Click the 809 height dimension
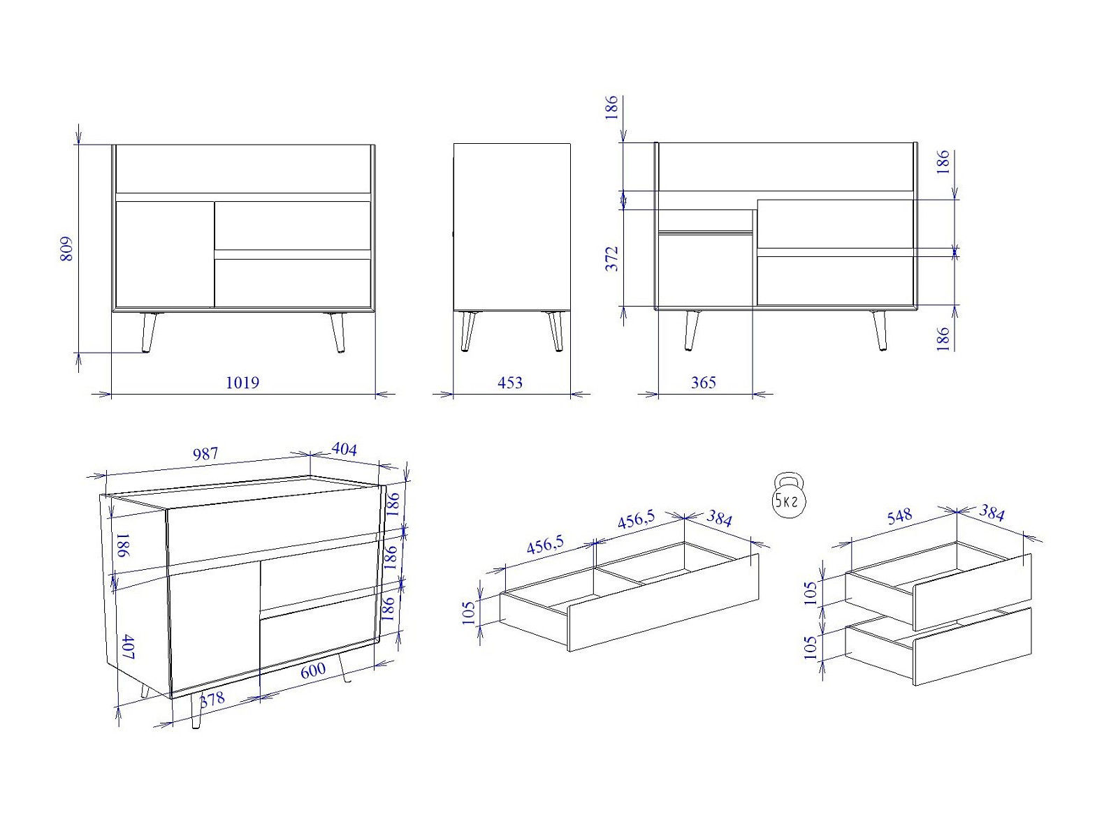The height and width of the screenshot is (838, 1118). point(66,249)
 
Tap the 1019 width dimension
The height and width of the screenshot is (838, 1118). point(242,383)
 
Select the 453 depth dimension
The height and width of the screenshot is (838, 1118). point(510,383)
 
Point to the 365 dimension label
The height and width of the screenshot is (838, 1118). point(704,383)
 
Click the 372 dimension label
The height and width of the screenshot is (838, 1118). point(612,258)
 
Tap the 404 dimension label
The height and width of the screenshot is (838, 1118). point(344,449)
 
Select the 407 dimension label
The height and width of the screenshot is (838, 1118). point(127,647)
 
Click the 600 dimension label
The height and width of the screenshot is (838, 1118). point(313,670)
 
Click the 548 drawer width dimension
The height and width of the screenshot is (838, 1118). point(899,517)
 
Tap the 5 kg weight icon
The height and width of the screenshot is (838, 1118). point(789,496)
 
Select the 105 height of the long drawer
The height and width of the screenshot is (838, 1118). point(469,612)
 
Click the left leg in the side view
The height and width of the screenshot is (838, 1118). point(467,331)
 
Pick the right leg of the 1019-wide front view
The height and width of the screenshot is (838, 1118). point(337,332)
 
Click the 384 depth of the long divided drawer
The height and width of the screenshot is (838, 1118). point(719,518)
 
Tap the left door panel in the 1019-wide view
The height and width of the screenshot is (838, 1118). point(165,254)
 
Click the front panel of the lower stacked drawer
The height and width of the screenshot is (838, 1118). point(973,646)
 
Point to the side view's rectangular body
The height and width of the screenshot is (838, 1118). point(512,226)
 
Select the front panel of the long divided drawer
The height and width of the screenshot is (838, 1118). point(663,603)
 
